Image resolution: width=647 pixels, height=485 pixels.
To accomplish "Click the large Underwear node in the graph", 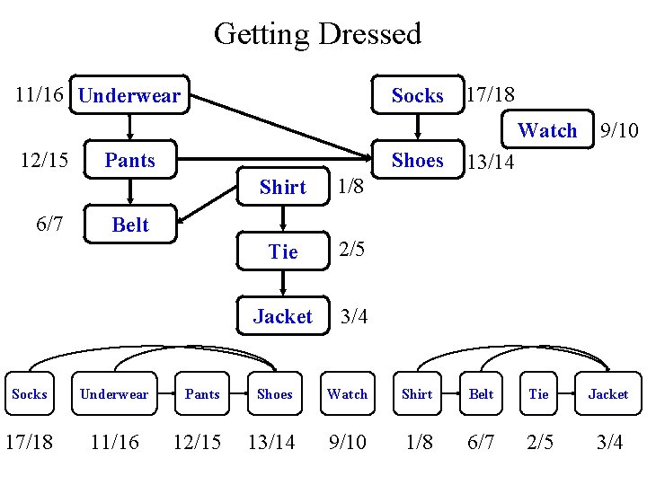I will pos(129,95).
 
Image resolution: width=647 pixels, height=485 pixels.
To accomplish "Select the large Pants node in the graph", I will pos(129,161).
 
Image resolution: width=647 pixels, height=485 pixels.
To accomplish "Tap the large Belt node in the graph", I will pos(129,225).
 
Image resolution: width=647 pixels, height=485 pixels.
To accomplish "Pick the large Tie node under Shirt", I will pos(283,252).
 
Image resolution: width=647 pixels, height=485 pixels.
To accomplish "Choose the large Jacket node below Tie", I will pos(283,316).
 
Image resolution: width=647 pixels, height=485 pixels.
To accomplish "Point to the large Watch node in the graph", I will pos(547,130).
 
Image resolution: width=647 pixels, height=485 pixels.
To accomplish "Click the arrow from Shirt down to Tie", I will pos(283,219).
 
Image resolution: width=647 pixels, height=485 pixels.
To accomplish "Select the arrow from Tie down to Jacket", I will pos(283,284).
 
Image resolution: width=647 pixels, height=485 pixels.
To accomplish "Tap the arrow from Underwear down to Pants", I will pos(129,128).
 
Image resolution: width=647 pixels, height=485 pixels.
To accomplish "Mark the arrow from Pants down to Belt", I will pos(129,192).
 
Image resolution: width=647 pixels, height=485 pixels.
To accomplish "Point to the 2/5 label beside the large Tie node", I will pos(351,251).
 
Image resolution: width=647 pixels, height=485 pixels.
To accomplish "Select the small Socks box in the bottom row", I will pos(30,394).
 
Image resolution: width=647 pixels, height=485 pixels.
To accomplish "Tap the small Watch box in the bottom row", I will pos(347,394).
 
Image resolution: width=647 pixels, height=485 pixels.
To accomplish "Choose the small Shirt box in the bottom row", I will pos(417,394).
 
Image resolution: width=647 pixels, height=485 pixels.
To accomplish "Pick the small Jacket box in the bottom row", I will pos(608,394).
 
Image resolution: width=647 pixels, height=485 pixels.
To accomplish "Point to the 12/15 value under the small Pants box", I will pos(196,442).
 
